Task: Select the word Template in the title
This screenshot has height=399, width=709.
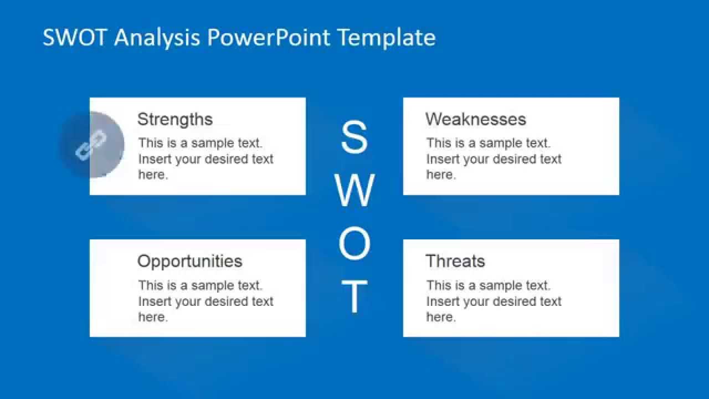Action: [x=387, y=38]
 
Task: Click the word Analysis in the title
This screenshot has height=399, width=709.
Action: [x=158, y=38]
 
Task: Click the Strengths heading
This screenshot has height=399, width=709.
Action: [x=175, y=119]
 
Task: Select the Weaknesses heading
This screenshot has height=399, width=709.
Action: [x=476, y=119]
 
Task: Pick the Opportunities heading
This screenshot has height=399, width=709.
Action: [x=189, y=261]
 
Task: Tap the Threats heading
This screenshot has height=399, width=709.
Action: [x=455, y=261]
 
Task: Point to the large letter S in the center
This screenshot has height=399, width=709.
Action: [x=354, y=138]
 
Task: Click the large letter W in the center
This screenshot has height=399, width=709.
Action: [x=354, y=190]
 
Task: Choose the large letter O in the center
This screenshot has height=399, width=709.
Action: [x=354, y=244]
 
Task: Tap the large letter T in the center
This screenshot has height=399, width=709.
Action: [x=354, y=297]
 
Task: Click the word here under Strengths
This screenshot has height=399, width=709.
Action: [x=152, y=175]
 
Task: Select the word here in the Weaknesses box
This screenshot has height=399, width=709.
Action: [x=440, y=175]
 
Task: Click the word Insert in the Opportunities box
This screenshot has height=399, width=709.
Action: [x=155, y=301]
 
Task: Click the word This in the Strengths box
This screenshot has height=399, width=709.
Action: [x=151, y=143]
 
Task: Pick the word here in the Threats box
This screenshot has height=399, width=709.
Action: [x=440, y=317]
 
